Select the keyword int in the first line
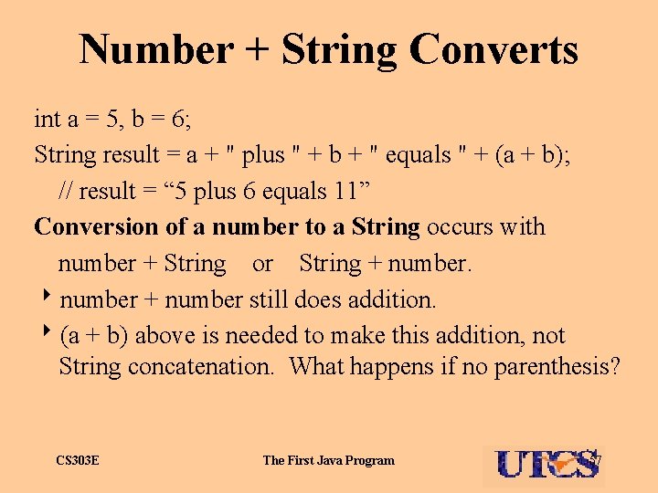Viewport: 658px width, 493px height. [46, 119]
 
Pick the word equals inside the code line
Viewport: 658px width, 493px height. [415, 155]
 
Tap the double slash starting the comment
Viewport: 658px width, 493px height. [66, 191]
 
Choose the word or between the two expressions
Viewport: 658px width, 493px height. [262, 264]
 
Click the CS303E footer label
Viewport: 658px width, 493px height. [77, 461]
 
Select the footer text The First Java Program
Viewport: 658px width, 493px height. [329, 461]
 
